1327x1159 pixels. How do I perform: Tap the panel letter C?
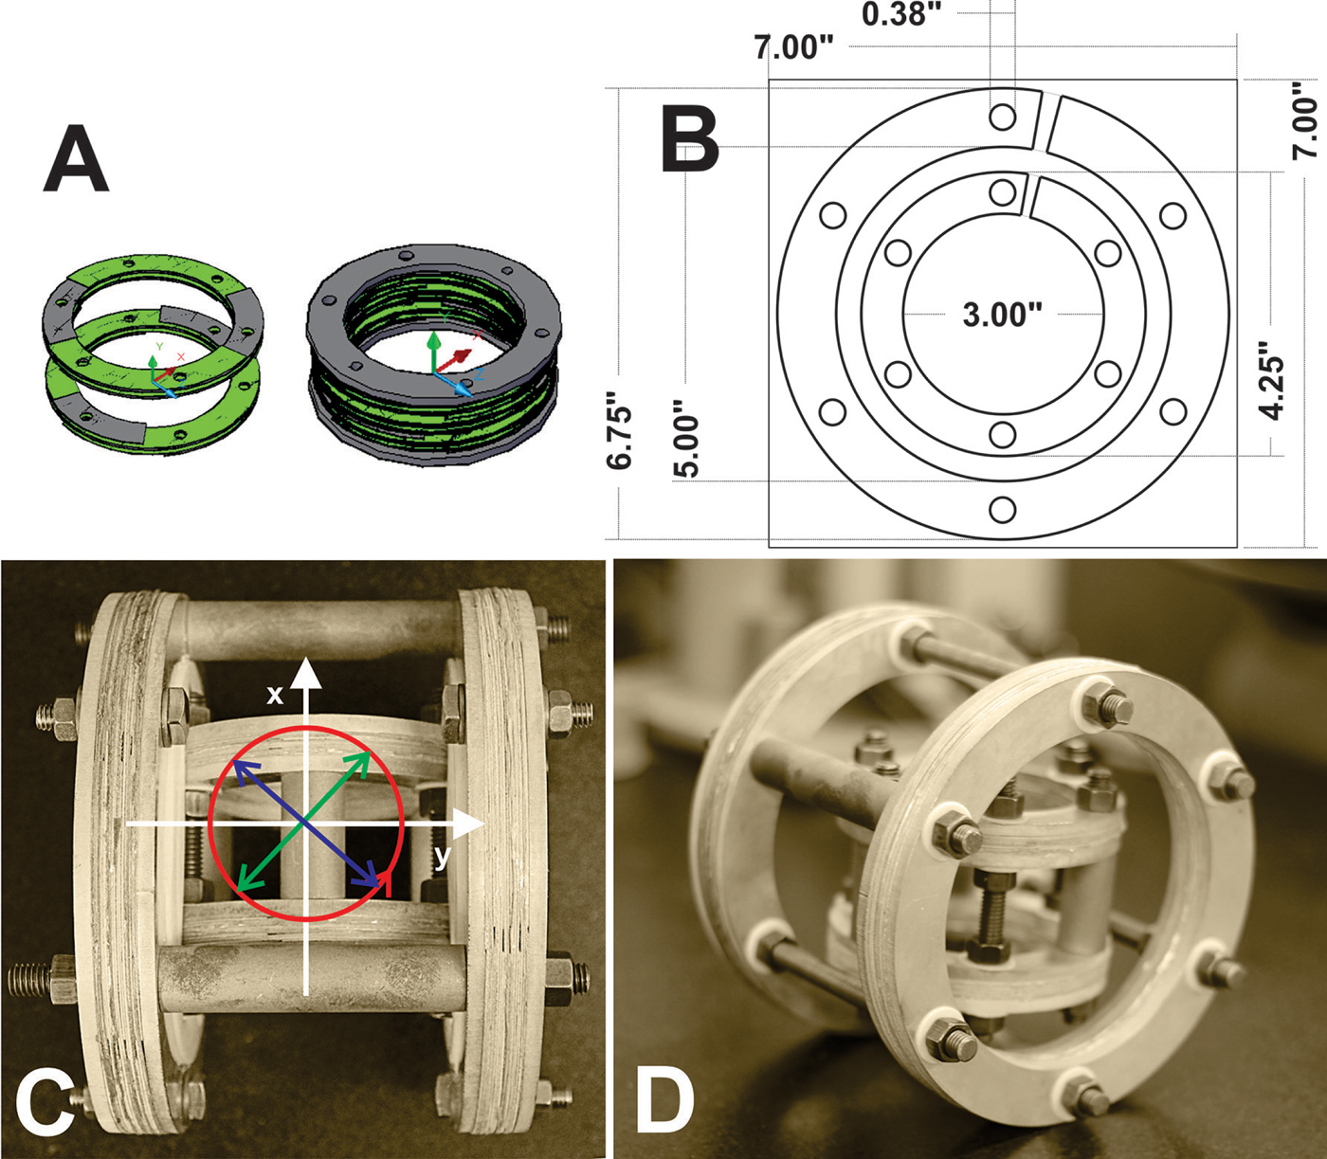coord(45,1104)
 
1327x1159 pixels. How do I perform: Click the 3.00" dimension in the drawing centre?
coord(1002,314)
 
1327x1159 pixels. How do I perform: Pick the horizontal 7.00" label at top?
coord(794,46)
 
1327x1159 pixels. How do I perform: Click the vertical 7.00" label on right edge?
coord(1305,118)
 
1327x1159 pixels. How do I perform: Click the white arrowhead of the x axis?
coord(305,670)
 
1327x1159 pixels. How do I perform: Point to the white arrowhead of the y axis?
coord(473,824)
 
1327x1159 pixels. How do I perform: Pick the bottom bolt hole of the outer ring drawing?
coord(1002,510)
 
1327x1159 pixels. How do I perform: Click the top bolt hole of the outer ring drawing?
coord(1002,118)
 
